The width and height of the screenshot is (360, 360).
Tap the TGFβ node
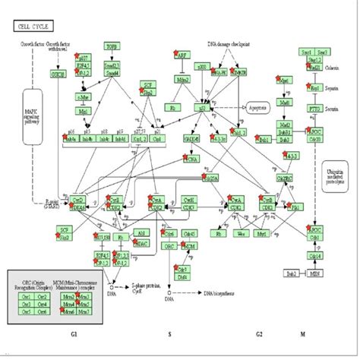tap(112, 46)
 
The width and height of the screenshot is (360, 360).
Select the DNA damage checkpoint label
tap(228, 45)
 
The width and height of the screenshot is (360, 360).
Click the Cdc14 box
tap(314, 256)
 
